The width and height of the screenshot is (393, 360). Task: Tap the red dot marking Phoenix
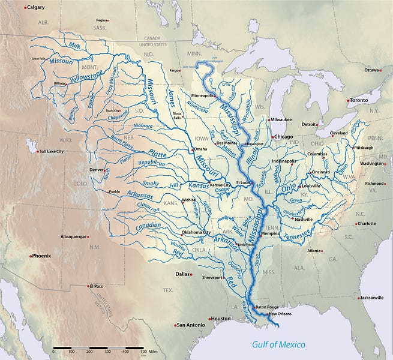[31, 256]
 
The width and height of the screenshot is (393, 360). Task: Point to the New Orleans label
[281, 314]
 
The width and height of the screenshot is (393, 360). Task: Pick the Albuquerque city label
[74, 236]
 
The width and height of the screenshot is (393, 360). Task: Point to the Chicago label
[284, 137]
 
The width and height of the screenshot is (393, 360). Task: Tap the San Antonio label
[192, 325]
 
